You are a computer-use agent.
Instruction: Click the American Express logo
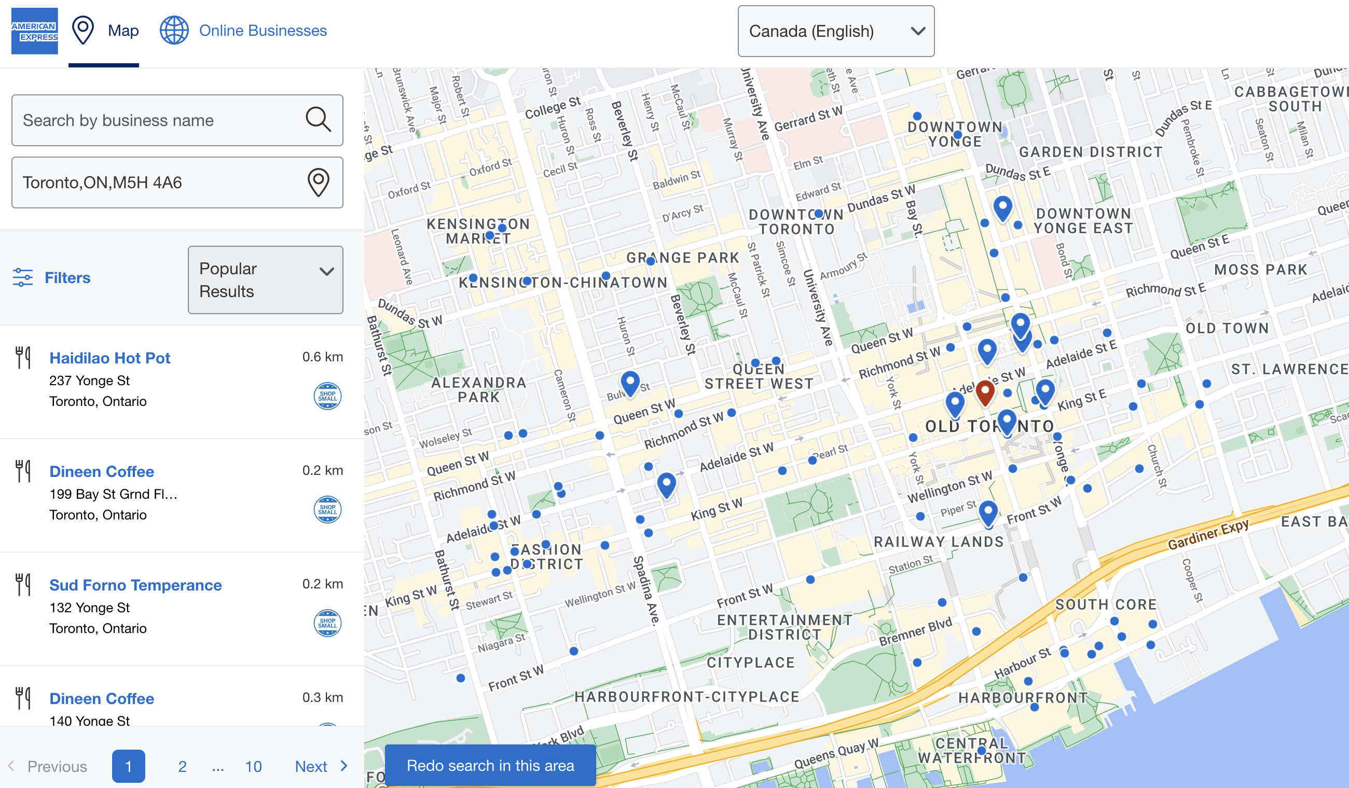(35, 31)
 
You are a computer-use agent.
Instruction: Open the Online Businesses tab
(263, 31)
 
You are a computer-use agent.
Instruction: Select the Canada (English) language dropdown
(836, 31)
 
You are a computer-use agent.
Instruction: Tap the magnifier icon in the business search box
(318, 119)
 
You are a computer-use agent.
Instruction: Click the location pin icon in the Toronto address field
(318, 182)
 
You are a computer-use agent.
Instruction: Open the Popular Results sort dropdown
(266, 280)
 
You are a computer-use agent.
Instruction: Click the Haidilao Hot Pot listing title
(110, 358)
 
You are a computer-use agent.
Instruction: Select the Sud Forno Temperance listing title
(135, 585)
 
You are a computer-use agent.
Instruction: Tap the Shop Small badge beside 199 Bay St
(327, 509)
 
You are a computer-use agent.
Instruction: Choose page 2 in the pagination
(183, 766)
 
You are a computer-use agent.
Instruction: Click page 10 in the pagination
(253, 766)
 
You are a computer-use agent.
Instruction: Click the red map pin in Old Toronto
(985, 391)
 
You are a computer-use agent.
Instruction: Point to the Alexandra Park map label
(478, 389)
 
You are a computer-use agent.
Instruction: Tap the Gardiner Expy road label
(1208, 534)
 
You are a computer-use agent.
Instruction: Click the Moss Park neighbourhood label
(1261, 270)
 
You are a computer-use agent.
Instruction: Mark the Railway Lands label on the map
(939, 542)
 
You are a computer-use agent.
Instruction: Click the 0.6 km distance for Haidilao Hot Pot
(322, 357)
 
